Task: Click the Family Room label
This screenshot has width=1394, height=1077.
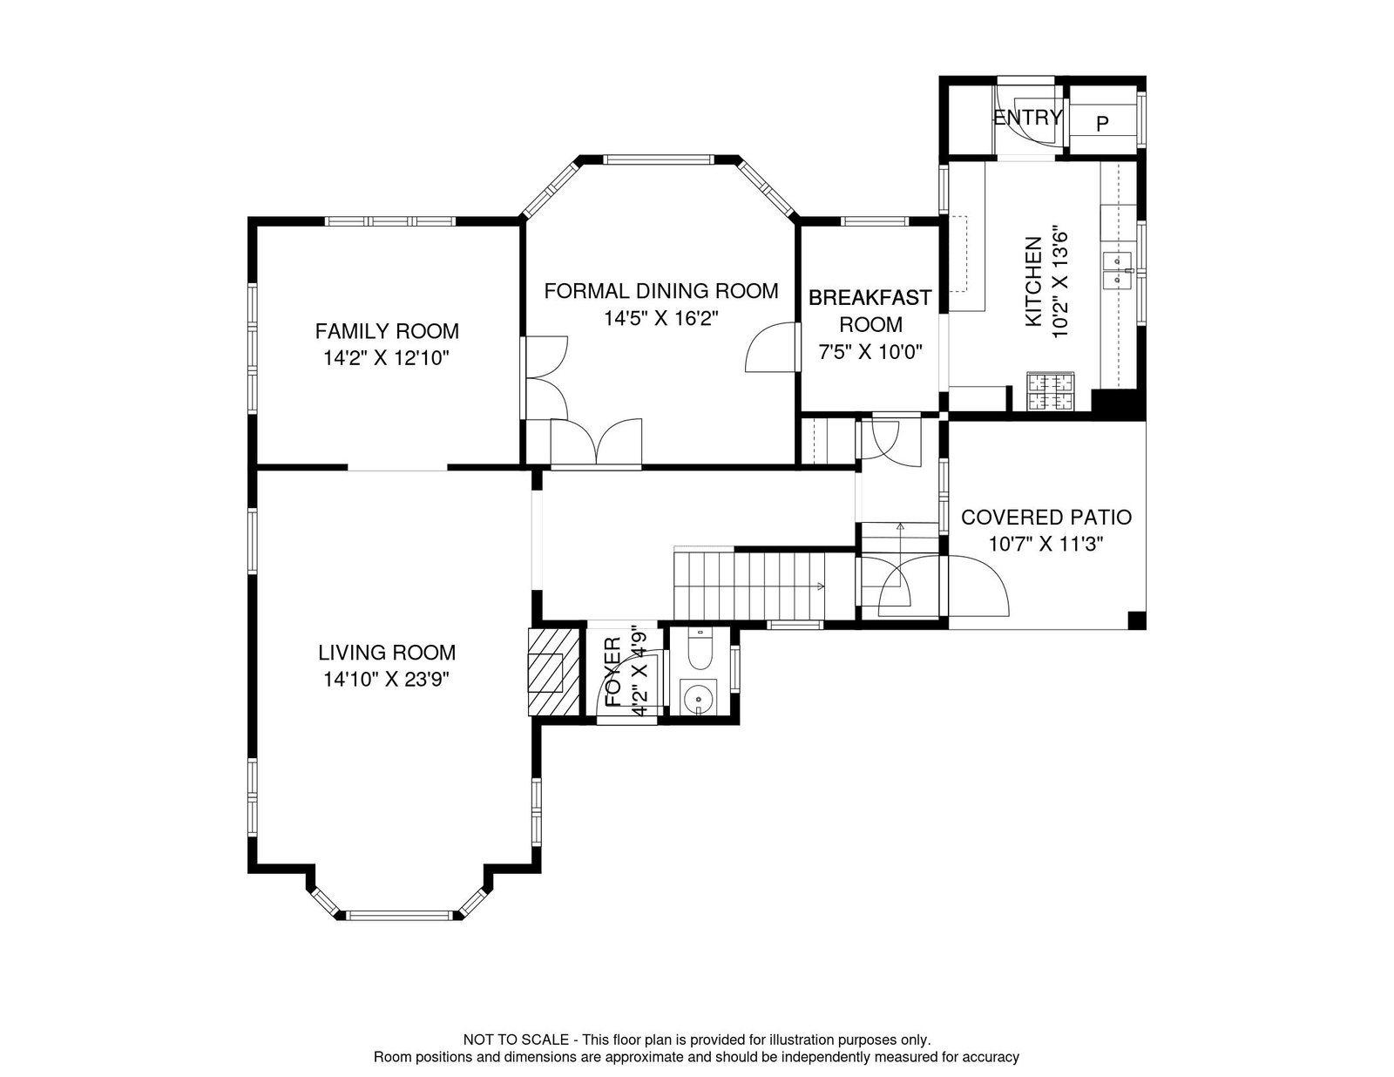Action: pos(387,331)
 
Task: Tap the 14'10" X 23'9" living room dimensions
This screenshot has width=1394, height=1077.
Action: pos(386,680)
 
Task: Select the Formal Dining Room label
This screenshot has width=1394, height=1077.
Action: pos(660,291)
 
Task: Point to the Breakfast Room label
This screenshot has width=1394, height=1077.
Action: pos(870,311)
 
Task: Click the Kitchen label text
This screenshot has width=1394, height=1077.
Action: pos(1033,281)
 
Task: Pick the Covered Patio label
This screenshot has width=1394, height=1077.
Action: pos(1045,517)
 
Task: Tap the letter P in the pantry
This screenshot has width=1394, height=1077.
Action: pos(1102,124)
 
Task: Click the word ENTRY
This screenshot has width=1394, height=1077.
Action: pos(1028,118)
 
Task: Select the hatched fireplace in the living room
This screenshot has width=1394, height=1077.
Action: pos(553,672)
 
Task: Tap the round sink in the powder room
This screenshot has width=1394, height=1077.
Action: pos(698,696)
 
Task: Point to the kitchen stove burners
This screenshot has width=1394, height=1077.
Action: pos(1050,391)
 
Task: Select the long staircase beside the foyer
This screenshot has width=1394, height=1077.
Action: pos(748,585)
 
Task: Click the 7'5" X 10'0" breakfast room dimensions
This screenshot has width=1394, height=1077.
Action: pos(870,352)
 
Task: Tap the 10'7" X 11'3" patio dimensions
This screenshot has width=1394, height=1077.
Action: pos(1045,545)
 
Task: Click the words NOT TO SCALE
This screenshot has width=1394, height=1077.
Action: pos(516,1040)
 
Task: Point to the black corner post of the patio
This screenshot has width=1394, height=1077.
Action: pos(1136,620)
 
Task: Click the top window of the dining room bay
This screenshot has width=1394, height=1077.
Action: pos(660,159)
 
